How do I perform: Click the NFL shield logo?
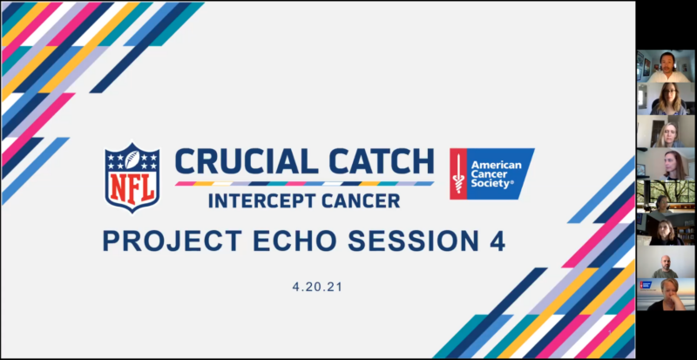click(132, 178)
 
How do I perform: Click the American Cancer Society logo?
click(492, 173)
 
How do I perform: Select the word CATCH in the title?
click(378, 161)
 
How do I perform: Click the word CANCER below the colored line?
click(367, 200)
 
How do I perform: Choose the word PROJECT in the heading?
click(173, 241)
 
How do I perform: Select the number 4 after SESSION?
click(497, 241)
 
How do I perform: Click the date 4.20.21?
click(317, 287)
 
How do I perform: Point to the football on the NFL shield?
click(132, 160)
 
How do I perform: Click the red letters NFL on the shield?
click(132, 189)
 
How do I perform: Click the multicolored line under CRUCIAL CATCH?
click(304, 183)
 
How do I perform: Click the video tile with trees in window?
click(666, 196)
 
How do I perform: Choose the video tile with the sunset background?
click(666, 295)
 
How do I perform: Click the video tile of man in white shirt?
click(666, 66)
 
